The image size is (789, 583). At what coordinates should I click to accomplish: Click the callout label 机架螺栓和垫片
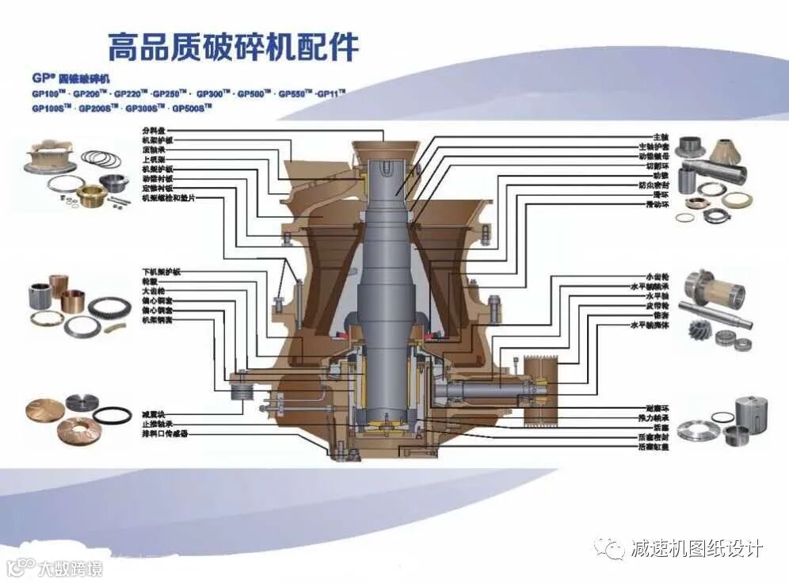(168, 198)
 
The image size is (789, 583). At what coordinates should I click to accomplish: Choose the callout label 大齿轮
(154, 291)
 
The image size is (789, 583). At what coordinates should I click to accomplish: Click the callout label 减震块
(154, 414)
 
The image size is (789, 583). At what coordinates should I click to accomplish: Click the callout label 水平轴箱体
(650, 325)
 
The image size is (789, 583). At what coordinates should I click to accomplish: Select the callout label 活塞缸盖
(654, 448)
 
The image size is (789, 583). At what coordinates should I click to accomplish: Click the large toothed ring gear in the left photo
(109, 307)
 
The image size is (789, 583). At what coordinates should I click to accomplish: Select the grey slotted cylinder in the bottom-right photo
(747, 413)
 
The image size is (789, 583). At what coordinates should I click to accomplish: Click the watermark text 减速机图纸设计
(696, 547)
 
